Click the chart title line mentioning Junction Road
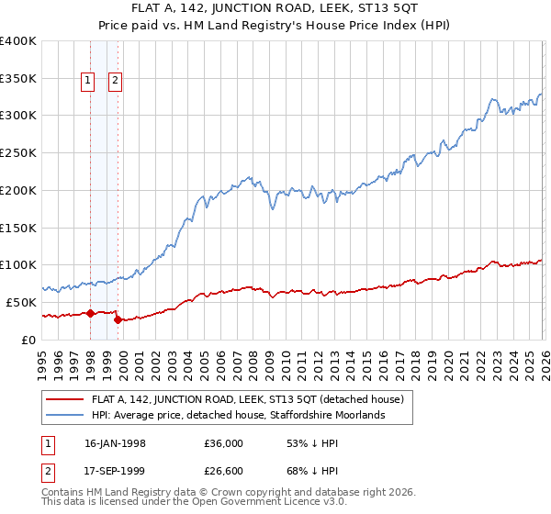click(275, 9)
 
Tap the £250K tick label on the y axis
click(18, 153)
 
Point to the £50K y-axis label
click(21, 302)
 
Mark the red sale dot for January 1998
click(91, 313)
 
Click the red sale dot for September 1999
click(118, 319)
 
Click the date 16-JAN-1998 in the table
click(122, 441)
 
